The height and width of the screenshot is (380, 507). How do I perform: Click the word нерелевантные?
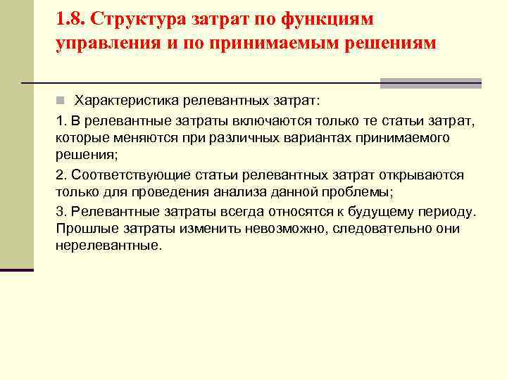coord(108,247)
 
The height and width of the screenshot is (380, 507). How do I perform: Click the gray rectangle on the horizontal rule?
coord(430,82)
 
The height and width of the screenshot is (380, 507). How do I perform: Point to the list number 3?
coord(60,211)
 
